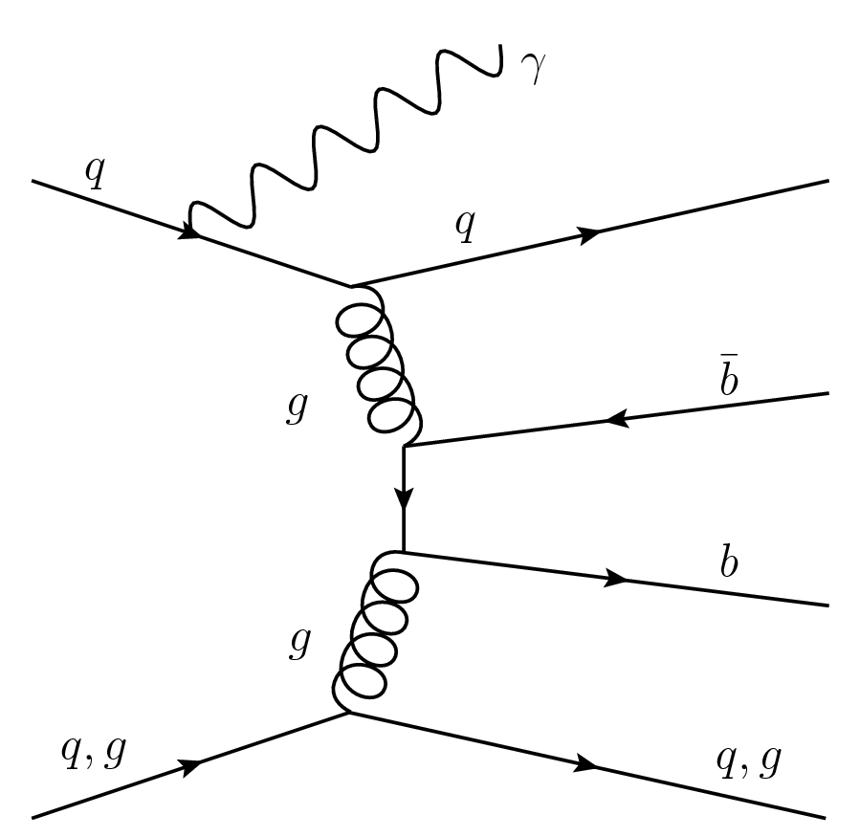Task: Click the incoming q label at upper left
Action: [95, 176]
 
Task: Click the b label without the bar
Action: [729, 563]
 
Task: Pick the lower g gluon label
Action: [299, 647]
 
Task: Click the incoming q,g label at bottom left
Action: [94, 755]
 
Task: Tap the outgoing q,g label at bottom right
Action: [749, 760]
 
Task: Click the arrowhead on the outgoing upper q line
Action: [589, 233]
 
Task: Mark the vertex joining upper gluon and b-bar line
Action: [405, 446]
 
